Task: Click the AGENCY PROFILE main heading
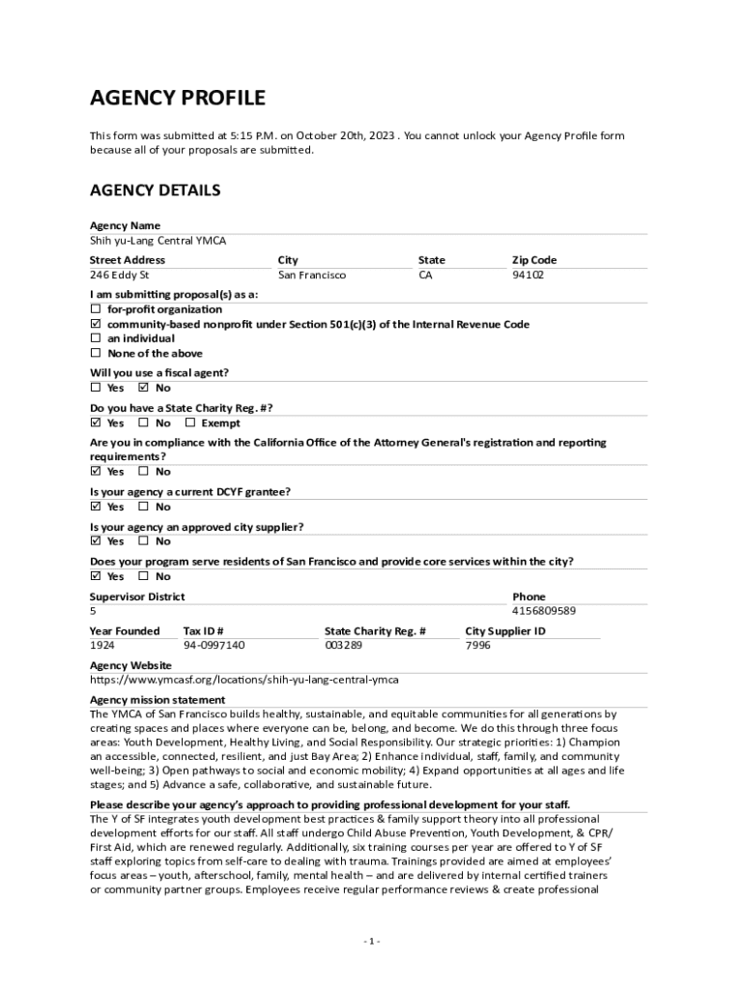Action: (177, 98)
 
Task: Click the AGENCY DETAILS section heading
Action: (155, 190)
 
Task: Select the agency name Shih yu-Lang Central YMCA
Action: (157, 241)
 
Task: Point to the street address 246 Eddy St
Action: (119, 276)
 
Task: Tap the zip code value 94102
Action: (528, 276)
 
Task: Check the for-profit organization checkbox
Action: (96, 309)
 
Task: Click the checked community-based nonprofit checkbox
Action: (96, 324)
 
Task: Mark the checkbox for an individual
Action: (96, 338)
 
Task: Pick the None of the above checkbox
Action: (96, 354)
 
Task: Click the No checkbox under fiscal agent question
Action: (144, 388)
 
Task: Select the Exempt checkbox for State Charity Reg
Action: (190, 422)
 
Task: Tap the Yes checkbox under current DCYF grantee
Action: (96, 507)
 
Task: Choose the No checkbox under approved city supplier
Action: (144, 541)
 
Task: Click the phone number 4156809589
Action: (543, 611)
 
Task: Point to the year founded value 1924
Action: (102, 645)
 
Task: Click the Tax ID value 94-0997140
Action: (214, 645)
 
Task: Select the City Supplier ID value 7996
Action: (477, 645)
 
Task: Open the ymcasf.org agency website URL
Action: (243, 680)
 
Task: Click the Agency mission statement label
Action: (157, 699)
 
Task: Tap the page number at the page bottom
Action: (372, 942)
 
